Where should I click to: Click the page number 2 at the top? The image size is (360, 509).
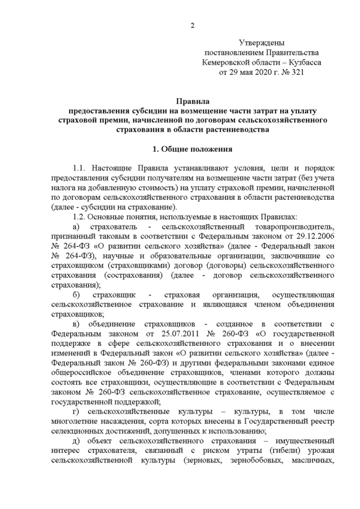(x=192, y=25)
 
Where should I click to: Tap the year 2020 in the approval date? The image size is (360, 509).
(x=252, y=72)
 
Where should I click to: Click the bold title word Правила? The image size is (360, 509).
(x=192, y=102)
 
